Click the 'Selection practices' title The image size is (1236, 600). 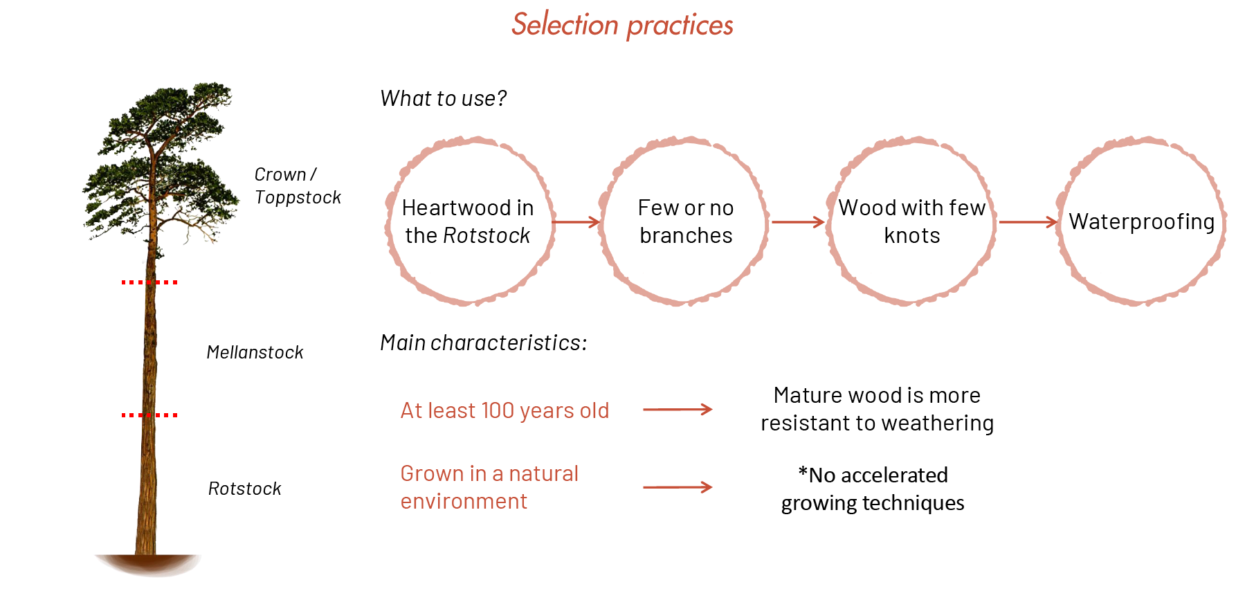tap(622, 25)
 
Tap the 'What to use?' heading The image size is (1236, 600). tap(444, 98)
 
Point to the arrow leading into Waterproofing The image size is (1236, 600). tap(1028, 222)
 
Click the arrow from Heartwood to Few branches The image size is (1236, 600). tap(576, 222)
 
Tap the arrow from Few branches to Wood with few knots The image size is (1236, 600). tap(798, 222)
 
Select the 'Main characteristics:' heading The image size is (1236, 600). tap(484, 343)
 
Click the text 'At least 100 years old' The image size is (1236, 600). tap(505, 410)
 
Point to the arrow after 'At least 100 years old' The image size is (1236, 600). tap(678, 410)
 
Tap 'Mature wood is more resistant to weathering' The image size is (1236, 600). tap(877, 409)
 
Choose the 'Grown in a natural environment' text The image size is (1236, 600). tap(489, 487)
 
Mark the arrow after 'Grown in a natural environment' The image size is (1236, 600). tap(678, 487)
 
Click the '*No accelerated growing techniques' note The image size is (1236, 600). tap(873, 489)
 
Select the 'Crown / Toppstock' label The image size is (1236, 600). tap(298, 185)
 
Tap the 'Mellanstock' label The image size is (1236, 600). tap(255, 352)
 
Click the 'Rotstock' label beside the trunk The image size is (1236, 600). tap(244, 489)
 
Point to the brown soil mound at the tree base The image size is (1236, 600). tap(147, 564)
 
